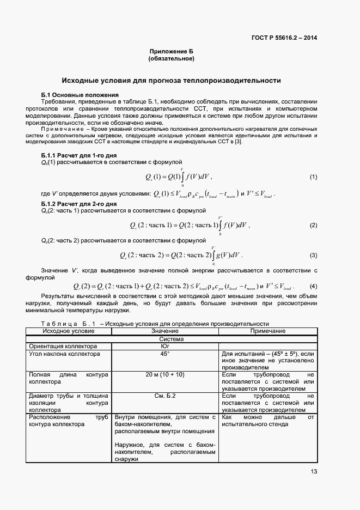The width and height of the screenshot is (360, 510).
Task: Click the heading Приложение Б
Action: pyautogui.click(x=171, y=51)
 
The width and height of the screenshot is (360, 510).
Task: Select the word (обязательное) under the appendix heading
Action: pyautogui.click(x=171, y=58)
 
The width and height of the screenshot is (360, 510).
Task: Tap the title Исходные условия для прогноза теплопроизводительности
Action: pyautogui.click(x=171, y=80)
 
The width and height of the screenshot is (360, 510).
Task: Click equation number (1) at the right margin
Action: pyautogui.click(x=313, y=177)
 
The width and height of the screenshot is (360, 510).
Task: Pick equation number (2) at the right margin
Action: pyautogui.click(x=313, y=225)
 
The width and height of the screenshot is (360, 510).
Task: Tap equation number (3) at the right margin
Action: pyautogui.click(x=313, y=255)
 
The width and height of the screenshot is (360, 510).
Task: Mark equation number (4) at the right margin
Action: pyautogui.click(x=313, y=286)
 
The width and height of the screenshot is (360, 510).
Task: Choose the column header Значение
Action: pyautogui.click(x=165, y=331)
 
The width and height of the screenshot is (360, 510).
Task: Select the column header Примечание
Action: pyautogui.click(x=267, y=331)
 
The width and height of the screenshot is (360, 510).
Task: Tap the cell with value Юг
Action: pyautogui.click(x=165, y=346)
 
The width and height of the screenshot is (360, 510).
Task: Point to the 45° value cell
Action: pyautogui.click(x=165, y=354)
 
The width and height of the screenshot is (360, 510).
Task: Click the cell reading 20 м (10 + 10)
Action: pyautogui.click(x=165, y=375)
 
